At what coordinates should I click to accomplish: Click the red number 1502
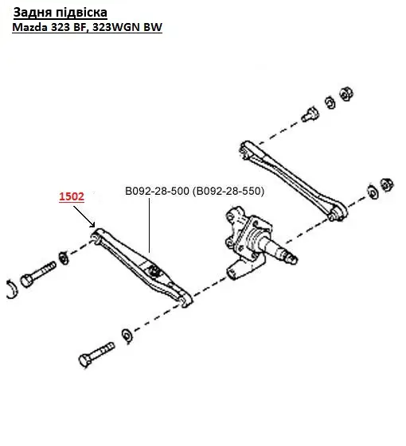(x=72, y=196)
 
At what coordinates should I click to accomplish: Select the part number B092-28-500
(x=158, y=191)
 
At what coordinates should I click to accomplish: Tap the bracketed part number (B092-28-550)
(x=228, y=191)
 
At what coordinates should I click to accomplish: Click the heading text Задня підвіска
(x=61, y=13)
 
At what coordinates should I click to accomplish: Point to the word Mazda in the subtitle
(x=30, y=27)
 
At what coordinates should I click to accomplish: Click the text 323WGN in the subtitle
(x=116, y=27)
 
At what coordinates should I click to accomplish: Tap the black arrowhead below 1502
(x=92, y=225)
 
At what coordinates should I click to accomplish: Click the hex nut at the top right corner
(x=346, y=94)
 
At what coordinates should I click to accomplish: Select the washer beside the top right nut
(x=330, y=103)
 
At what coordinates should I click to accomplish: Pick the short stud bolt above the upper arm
(x=310, y=114)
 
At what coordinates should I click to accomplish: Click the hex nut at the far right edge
(x=387, y=185)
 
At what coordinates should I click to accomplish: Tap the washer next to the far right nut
(x=373, y=192)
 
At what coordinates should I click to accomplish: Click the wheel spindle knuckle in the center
(x=248, y=242)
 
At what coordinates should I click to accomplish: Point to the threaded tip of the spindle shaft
(x=292, y=258)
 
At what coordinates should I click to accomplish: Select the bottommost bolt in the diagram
(x=96, y=355)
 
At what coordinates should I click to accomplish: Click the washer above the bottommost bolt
(x=127, y=336)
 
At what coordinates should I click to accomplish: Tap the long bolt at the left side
(x=38, y=274)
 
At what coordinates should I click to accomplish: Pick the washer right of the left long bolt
(x=63, y=258)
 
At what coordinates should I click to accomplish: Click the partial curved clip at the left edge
(x=13, y=289)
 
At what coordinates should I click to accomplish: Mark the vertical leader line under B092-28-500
(x=150, y=226)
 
